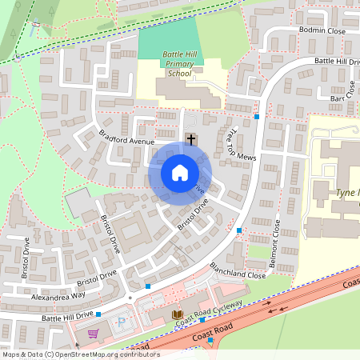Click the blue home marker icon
point(180,173)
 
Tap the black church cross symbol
point(190,139)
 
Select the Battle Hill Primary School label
point(177,63)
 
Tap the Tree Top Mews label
point(240,145)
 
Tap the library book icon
point(177,314)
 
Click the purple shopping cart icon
point(93,334)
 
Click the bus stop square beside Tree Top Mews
point(257,117)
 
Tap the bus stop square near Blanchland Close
point(239,230)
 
